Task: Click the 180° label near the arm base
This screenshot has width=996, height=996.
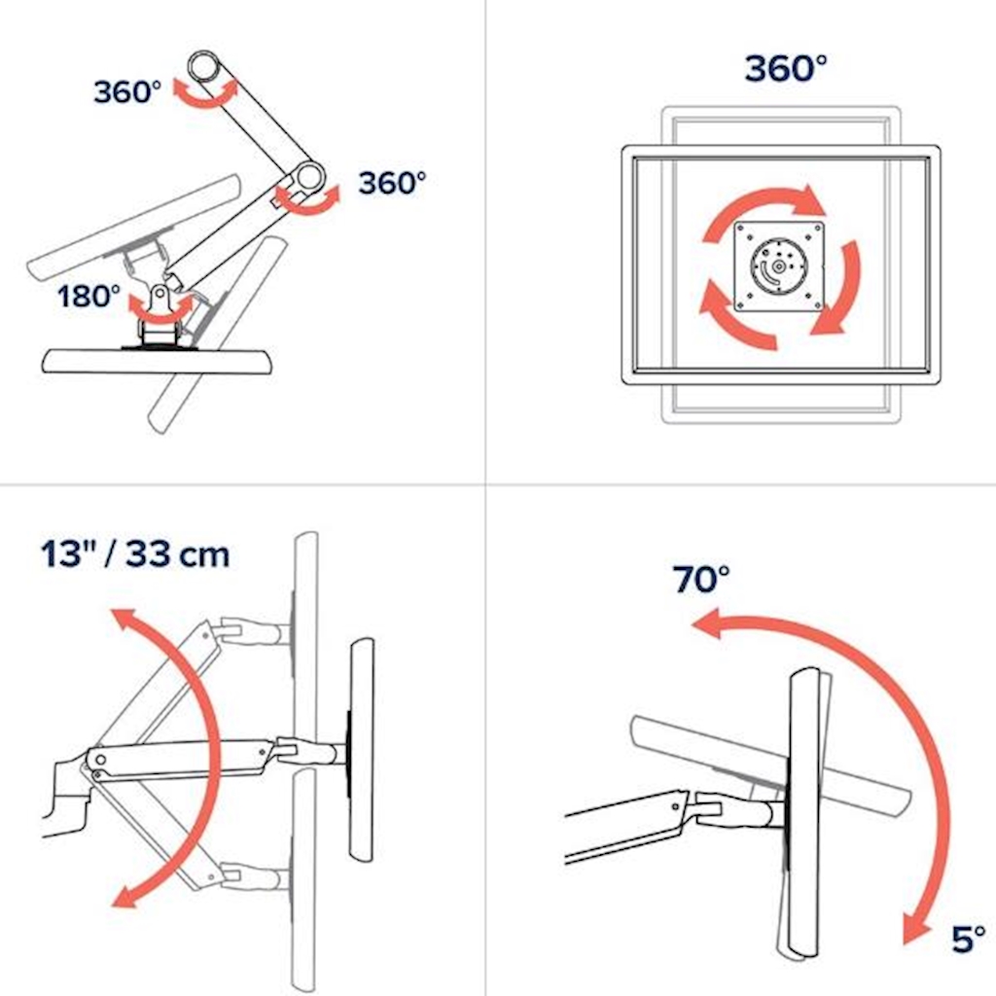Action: coord(89,296)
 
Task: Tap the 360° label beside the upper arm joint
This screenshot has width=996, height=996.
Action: coord(127,91)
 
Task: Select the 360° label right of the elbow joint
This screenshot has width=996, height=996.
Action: coord(391,183)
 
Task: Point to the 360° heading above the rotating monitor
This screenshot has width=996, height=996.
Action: coord(786,68)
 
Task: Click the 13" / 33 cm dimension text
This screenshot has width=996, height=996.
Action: coord(135,553)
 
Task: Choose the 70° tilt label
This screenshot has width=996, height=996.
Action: coord(701,579)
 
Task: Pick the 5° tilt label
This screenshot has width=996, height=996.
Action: coord(969,939)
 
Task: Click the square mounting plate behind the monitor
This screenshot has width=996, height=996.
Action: coord(779,267)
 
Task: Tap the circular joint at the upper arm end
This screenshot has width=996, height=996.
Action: coord(204,66)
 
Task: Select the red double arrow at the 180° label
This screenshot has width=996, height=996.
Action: coord(160,309)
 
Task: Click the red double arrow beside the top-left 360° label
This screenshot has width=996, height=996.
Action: coord(204,94)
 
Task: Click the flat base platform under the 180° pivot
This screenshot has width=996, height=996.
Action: coord(159,362)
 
